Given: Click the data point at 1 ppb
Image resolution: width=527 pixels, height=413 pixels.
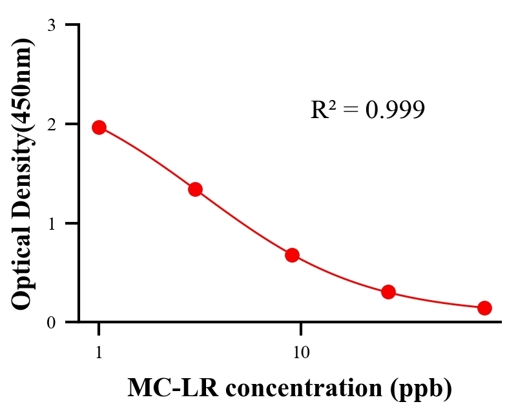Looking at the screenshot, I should [x=99, y=127].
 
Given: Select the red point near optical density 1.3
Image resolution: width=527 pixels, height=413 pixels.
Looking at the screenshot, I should [x=196, y=189].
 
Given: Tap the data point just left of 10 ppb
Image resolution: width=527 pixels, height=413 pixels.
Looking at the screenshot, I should [x=292, y=255].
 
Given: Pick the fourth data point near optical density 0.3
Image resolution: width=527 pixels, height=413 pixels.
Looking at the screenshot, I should [x=388, y=292].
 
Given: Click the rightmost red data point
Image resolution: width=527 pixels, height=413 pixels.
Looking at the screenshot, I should [x=484, y=308].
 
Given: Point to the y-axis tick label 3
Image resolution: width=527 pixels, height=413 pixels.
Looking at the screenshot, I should [x=51, y=25].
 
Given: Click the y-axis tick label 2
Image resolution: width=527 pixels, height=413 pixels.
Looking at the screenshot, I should [x=51, y=124].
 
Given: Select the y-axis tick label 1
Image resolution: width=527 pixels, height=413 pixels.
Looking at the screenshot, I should [x=51, y=223].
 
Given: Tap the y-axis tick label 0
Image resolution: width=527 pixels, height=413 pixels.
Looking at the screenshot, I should [x=51, y=322].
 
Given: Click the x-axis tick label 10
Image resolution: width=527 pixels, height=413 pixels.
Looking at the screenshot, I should [x=300, y=353].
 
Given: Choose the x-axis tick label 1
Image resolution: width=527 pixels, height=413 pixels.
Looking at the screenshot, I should [x=99, y=353].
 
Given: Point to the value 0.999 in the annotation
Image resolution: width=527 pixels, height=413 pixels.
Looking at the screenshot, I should [x=395, y=110].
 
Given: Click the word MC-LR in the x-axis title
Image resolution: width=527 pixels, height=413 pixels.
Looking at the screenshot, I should [x=165, y=388].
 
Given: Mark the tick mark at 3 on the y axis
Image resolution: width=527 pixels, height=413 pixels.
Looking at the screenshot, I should [x=72, y=25].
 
